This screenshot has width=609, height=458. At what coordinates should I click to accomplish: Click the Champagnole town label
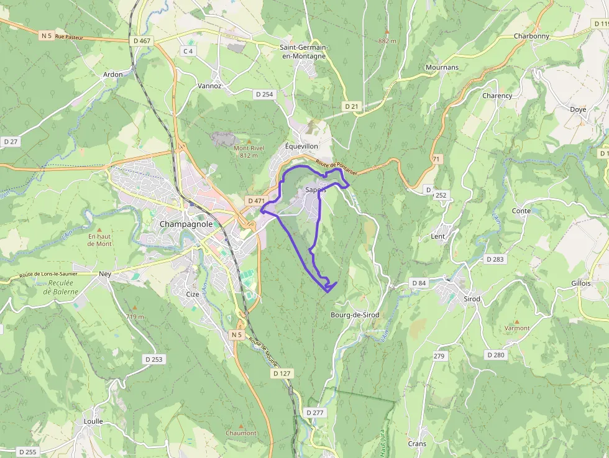[186, 224]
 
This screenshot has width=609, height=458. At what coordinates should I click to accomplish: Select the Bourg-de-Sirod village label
[355, 315]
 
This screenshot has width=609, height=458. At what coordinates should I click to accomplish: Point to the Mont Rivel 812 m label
[249, 152]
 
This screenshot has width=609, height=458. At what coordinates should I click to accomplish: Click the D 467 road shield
[142, 41]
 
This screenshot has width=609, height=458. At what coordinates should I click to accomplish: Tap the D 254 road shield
[264, 94]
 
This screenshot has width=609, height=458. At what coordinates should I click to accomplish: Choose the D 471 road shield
[256, 201]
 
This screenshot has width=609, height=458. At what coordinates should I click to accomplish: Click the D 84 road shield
[419, 283]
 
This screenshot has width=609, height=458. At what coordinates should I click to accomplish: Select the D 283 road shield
[495, 259]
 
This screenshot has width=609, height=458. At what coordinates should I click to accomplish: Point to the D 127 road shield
[282, 373]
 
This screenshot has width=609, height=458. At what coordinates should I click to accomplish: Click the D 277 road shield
[315, 413]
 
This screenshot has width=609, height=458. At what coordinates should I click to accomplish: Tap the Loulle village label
[93, 421]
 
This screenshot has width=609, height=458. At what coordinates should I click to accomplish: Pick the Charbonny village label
[531, 36]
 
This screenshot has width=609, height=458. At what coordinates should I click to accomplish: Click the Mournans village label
[442, 67]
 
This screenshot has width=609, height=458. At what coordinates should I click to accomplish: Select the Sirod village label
[472, 299]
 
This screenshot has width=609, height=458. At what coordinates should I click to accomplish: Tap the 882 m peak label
[387, 41]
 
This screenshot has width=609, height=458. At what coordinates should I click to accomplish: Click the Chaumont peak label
[241, 433]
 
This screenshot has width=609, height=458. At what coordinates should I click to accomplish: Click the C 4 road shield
[188, 51]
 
